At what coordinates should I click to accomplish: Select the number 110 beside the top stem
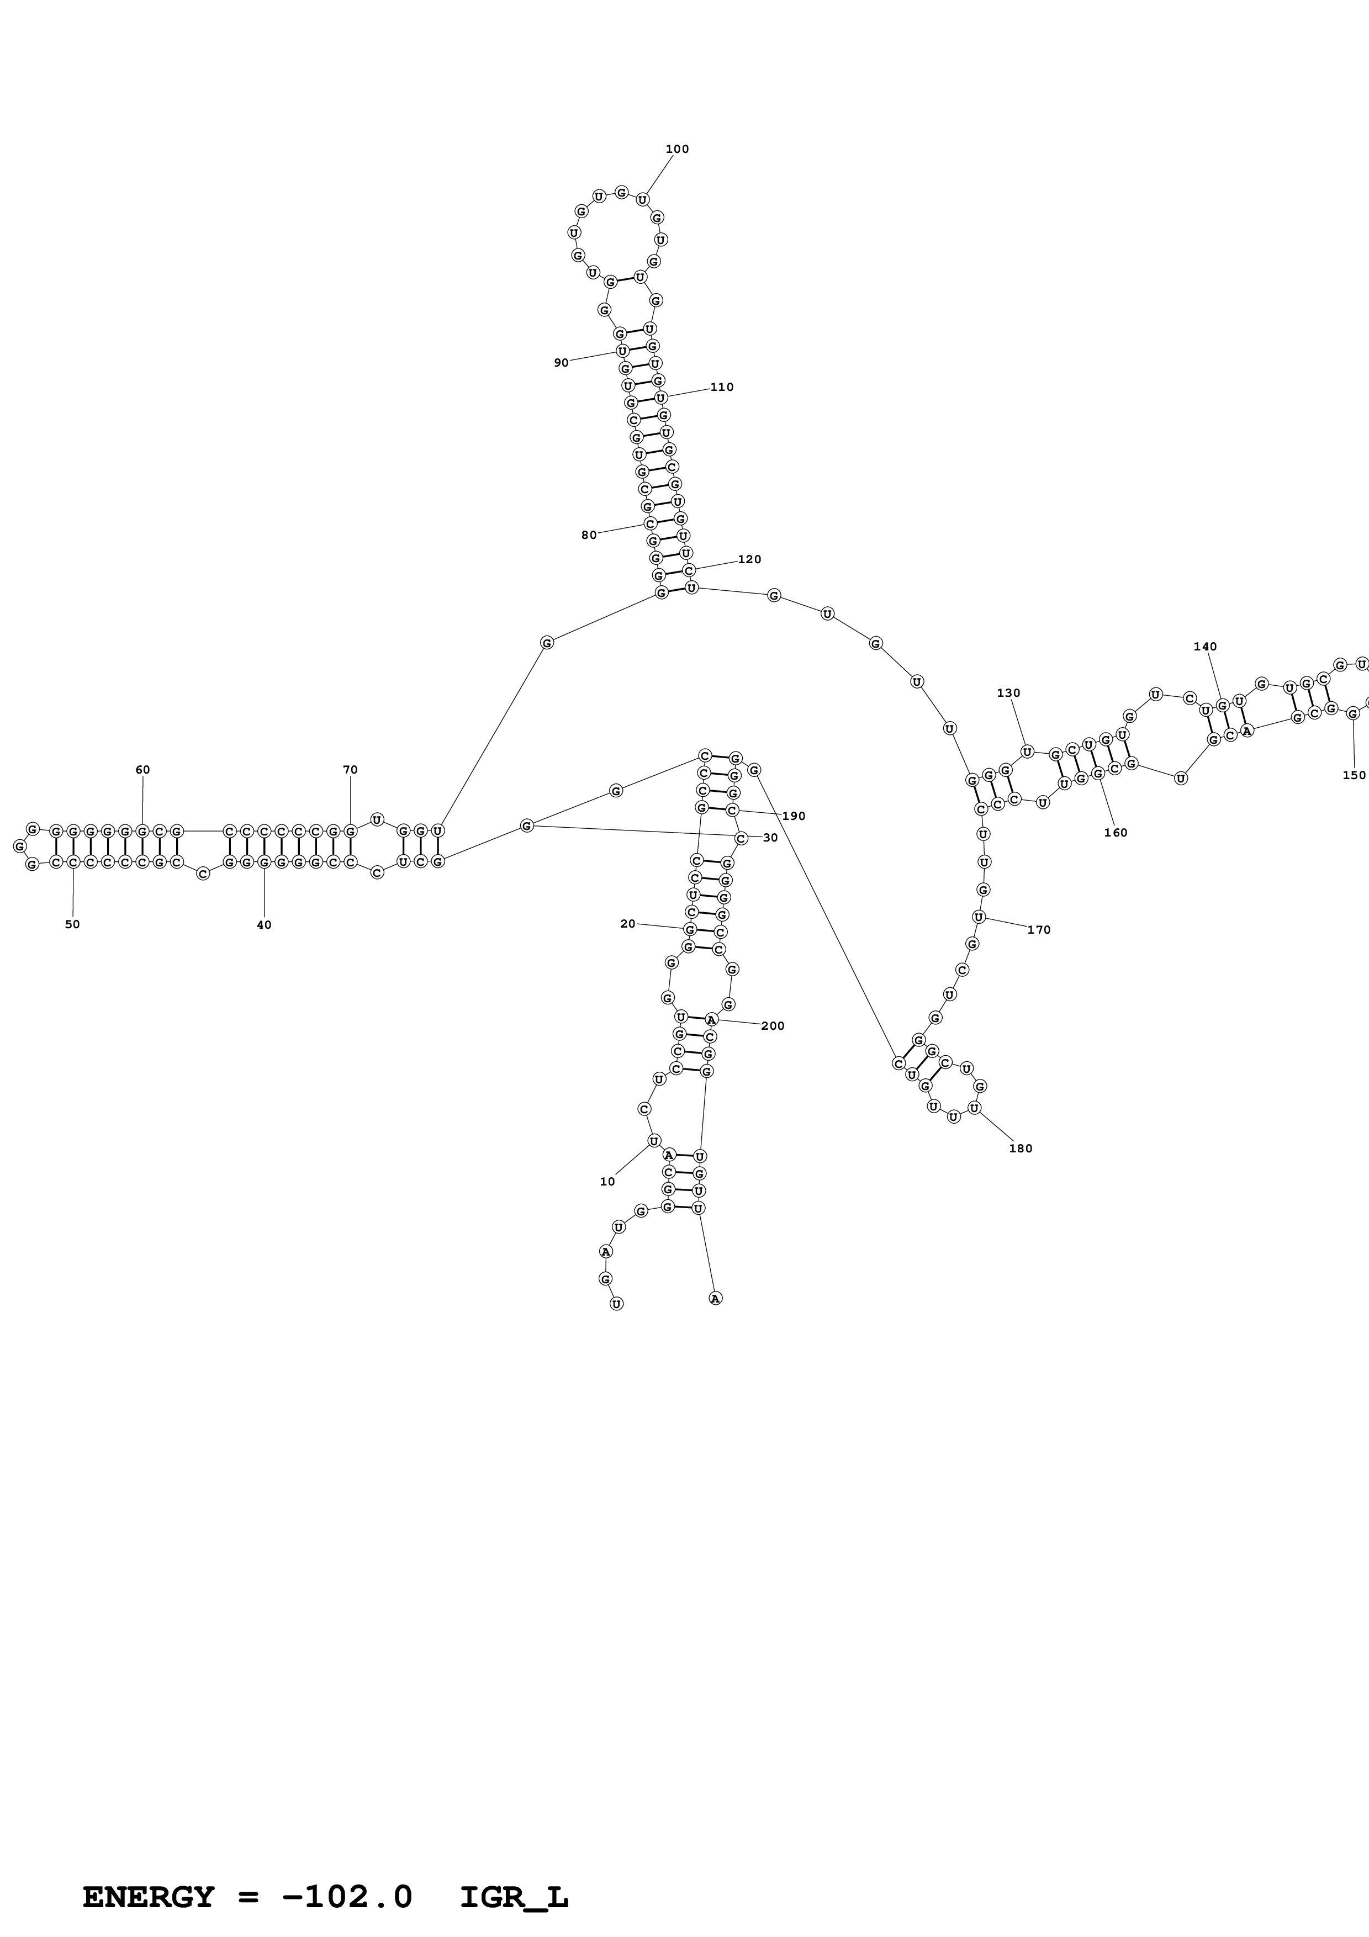pyautogui.click(x=721, y=387)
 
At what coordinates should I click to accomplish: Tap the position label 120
pyautogui.click(x=749, y=559)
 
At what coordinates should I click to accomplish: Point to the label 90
pyautogui.click(x=561, y=363)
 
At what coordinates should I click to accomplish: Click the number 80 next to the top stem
pyautogui.click(x=589, y=535)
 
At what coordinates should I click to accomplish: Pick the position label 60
pyautogui.click(x=142, y=769)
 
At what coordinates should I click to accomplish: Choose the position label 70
pyautogui.click(x=350, y=769)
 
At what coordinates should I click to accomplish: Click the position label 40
pyautogui.click(x=264, y=925)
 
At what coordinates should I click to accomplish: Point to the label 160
pyautogui.click(x=1115, y=833)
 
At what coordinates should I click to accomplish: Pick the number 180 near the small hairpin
pyautogui.click(x=1020, y=1148)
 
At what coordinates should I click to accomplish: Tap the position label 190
pyautogui.click(x=794, y=816)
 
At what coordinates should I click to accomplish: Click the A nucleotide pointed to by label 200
pyautogui.click(x=711, y=1019)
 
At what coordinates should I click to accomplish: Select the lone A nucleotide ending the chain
pyautogui.click(x=715, y=1298)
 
